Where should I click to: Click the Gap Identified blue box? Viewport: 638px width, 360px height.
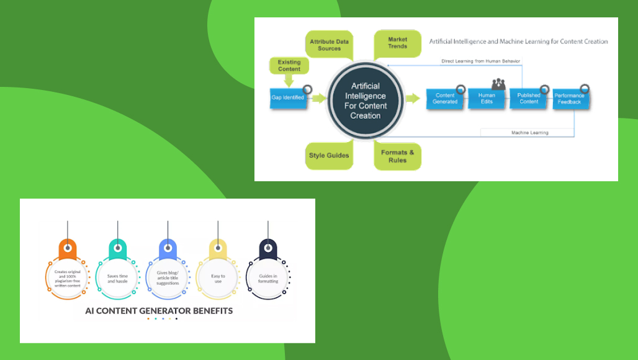pyautogui.click(x=288, y=98)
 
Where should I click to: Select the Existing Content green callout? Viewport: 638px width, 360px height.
pyautogui.click(x=289, y=65)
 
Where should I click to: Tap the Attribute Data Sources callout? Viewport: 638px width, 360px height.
pyautogui.click(x=330, y=45)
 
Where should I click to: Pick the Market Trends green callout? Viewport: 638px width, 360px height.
pyautogui.click(x=397, y=43)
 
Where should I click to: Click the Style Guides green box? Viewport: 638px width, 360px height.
pyautogui.click(x=329, y=155)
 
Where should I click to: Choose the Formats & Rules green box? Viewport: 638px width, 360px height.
pyautogui.click(x=397, y=156)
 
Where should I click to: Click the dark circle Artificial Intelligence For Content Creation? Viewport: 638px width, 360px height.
pyautogui.click(x=366, y=101)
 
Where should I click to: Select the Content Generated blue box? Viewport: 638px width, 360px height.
pyautogui.click(x=445, y=99)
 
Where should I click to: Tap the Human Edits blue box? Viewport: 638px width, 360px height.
pyautogui.click(x=487, y=99)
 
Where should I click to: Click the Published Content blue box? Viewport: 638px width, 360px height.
pyautogui.click(x=529, y=99)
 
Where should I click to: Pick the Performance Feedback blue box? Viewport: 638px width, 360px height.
pyautogui.click(x=570, y=99)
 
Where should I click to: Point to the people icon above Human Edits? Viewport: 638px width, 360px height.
pyautogui.click(x=498, y=84)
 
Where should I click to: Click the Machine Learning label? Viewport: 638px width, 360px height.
pyautogui.click(x=529, y=132)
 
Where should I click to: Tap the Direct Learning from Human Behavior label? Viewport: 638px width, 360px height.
pyautogui.click(x=480, y=61)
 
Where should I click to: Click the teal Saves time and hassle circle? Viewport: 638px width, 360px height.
pyautogui.click(x=117, y=279)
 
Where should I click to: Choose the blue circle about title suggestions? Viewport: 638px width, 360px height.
pyautogui.click(x=168, y=277)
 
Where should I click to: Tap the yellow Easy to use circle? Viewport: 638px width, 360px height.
pyautogui.click(x=218, y=279)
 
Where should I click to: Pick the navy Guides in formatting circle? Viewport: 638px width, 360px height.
pyautogui.click(x=268, y=277)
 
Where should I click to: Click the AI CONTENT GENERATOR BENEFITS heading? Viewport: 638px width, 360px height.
pyautogui.click(x=159, y=310)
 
